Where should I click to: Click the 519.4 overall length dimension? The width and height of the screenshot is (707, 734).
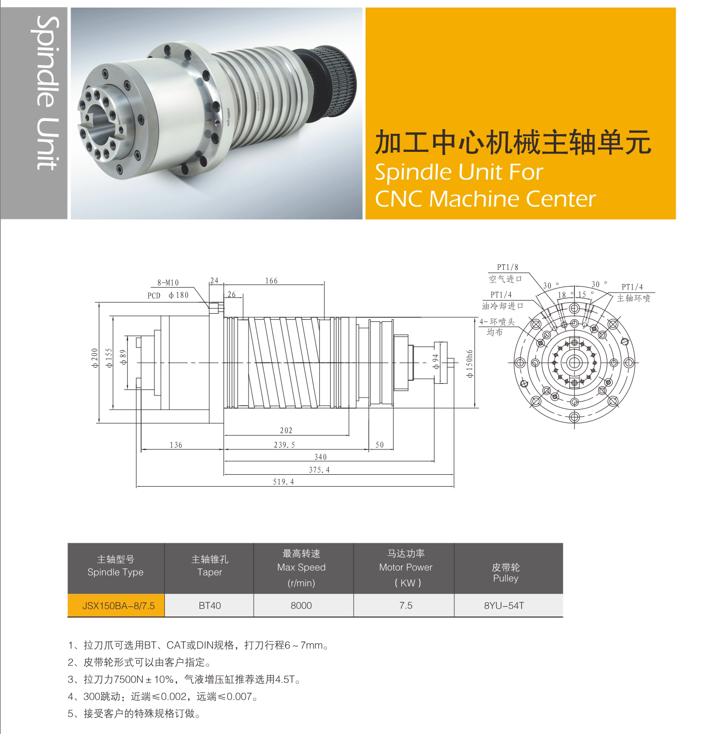click(283, 482)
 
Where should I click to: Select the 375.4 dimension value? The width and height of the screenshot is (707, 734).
click(319, 470)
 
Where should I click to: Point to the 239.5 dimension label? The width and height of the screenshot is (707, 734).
click(284, 445)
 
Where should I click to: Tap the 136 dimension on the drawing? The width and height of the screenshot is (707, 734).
click(176, 445)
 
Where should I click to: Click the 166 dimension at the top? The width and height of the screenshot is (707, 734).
click(271, 281)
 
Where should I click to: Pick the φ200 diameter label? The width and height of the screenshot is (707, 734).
click(95, 358)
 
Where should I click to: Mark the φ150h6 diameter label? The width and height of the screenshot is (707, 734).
click(470, 364)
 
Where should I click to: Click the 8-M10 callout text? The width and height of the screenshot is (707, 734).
click(168, 283)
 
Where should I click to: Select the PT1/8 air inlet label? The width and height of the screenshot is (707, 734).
click(507, 267)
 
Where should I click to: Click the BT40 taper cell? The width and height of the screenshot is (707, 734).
click(210, 605)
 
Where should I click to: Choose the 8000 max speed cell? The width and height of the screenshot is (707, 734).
click(301, 605)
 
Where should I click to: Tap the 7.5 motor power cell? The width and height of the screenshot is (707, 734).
click(405, 605)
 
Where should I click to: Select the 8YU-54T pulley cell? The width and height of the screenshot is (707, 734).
click(504, 605)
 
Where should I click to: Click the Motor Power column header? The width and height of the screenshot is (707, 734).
click(405, 568)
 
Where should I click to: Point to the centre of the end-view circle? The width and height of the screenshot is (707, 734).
click(574, 362)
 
